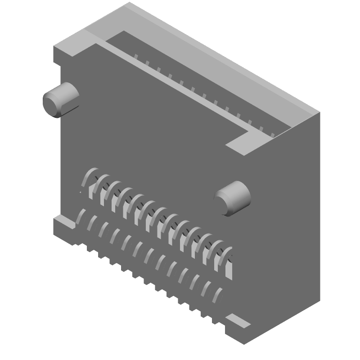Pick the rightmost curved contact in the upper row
[x=227, y=256]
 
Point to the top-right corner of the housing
[x=320, y=112]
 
